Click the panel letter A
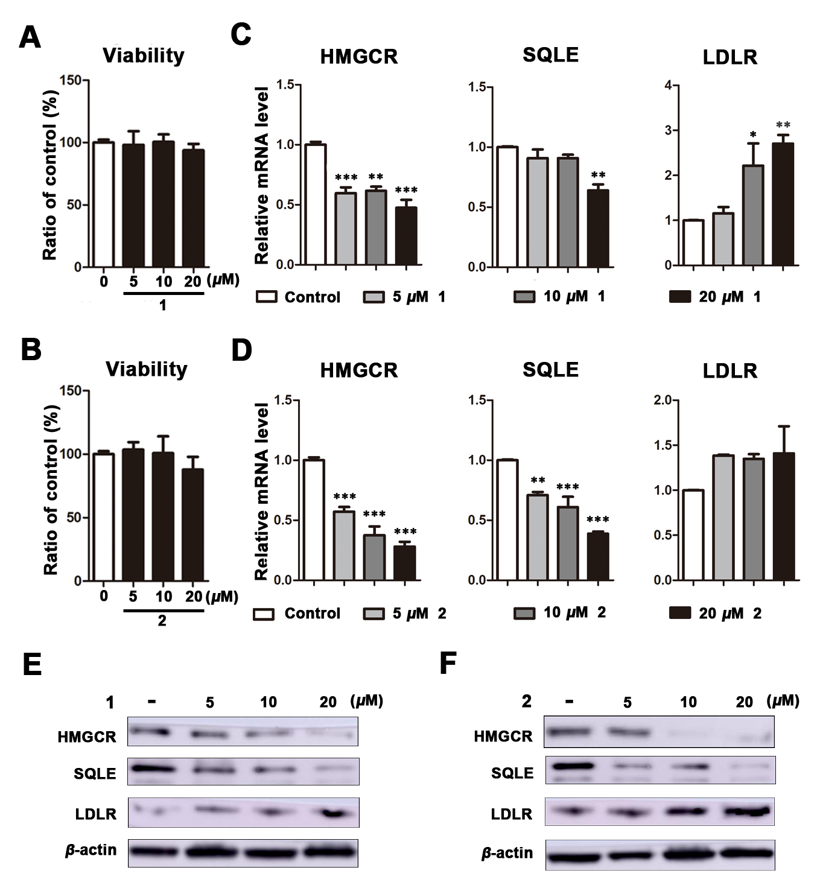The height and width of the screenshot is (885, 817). click(30, 37)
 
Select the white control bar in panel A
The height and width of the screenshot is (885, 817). click(104, 205)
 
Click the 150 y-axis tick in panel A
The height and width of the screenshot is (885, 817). click(71, 80)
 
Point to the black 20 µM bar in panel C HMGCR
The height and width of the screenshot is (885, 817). click(405, 236)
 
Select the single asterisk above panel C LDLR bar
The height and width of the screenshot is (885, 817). click(753, 133)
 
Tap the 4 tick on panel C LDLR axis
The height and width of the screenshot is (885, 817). click(667, 85)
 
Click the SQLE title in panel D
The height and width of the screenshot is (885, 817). click(550, 369)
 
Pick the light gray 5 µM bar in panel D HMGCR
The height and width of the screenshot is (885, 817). click(345, 545)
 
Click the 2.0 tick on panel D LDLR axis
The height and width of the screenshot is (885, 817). click(663, 401)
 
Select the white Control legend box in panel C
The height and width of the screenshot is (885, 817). click(266, 297)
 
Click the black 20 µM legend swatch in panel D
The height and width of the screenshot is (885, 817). click(680, 614)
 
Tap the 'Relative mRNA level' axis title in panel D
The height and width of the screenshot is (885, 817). click(261, 491)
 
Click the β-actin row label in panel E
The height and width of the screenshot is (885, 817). click(91, 850)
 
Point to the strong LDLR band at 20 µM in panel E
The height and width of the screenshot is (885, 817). click(329, 813)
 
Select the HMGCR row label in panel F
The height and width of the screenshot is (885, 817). click(503, 736)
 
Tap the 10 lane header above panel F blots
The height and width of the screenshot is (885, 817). click(688, 702)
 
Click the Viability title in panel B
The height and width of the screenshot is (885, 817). click(147, 369)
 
